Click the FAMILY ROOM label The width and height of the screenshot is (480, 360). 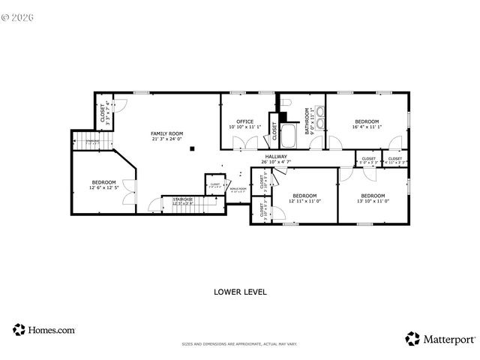click(x=167, y=133)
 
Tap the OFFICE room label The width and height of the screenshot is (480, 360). click(x=244, y=121)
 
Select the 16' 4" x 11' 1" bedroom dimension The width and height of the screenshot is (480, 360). click(x=367, y=127)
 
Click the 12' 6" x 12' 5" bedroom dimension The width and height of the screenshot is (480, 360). click(x=103, y=187)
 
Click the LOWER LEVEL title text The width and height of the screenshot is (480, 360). click(x=240, y=291)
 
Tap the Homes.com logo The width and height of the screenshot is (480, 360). click(x=43, y=329)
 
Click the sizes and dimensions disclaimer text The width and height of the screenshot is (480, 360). click(x=239, y=344)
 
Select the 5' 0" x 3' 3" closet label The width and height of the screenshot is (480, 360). click(x=368, y=160)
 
